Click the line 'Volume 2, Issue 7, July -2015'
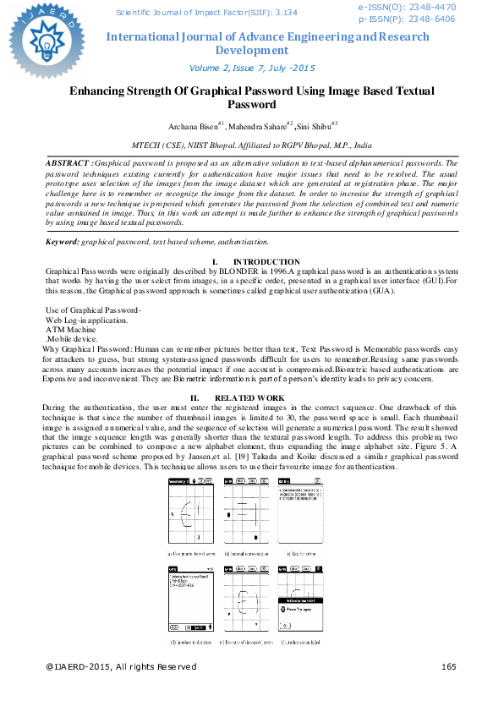pyautogui.click(x=252, y=68)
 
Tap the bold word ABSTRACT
pyautogui.click(x=68, y=162)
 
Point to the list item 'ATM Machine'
pyautogui.click(x=70, y=329)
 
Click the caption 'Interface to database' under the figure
pyautogui.click(x=192, y=643)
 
